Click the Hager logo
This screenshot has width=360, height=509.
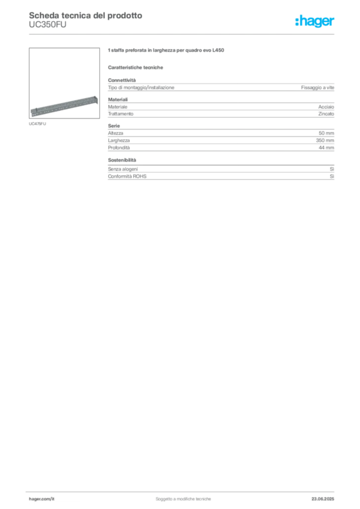click(315, 21)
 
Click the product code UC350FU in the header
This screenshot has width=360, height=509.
click(48, 25)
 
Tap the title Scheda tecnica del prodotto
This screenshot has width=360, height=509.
click(86, 15)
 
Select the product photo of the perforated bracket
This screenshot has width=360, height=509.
click(64, 83)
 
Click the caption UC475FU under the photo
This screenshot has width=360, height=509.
click(37, 124)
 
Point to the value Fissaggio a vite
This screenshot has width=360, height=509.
click(317, 87)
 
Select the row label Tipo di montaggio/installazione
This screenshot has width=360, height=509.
click(141, 87)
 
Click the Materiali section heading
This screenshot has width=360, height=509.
click(118, 99)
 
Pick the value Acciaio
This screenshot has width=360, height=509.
click(326, 107)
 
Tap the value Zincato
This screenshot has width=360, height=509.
click(326, 114)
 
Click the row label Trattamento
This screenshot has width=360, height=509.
click(121, 114)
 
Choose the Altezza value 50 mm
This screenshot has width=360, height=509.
click(326, 133)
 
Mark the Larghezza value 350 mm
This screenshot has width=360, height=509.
click(325, 141)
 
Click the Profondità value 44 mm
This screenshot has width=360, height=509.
click(326, 148)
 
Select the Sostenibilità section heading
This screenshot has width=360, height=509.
click(122, 160)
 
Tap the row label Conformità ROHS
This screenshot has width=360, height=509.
click(127, 176)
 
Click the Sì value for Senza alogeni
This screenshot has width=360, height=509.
click(332, 169)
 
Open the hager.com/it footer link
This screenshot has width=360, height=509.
click(42, 499)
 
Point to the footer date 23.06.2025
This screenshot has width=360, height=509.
click(323, 499)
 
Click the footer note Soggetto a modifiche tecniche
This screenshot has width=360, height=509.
click(183, 499)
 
